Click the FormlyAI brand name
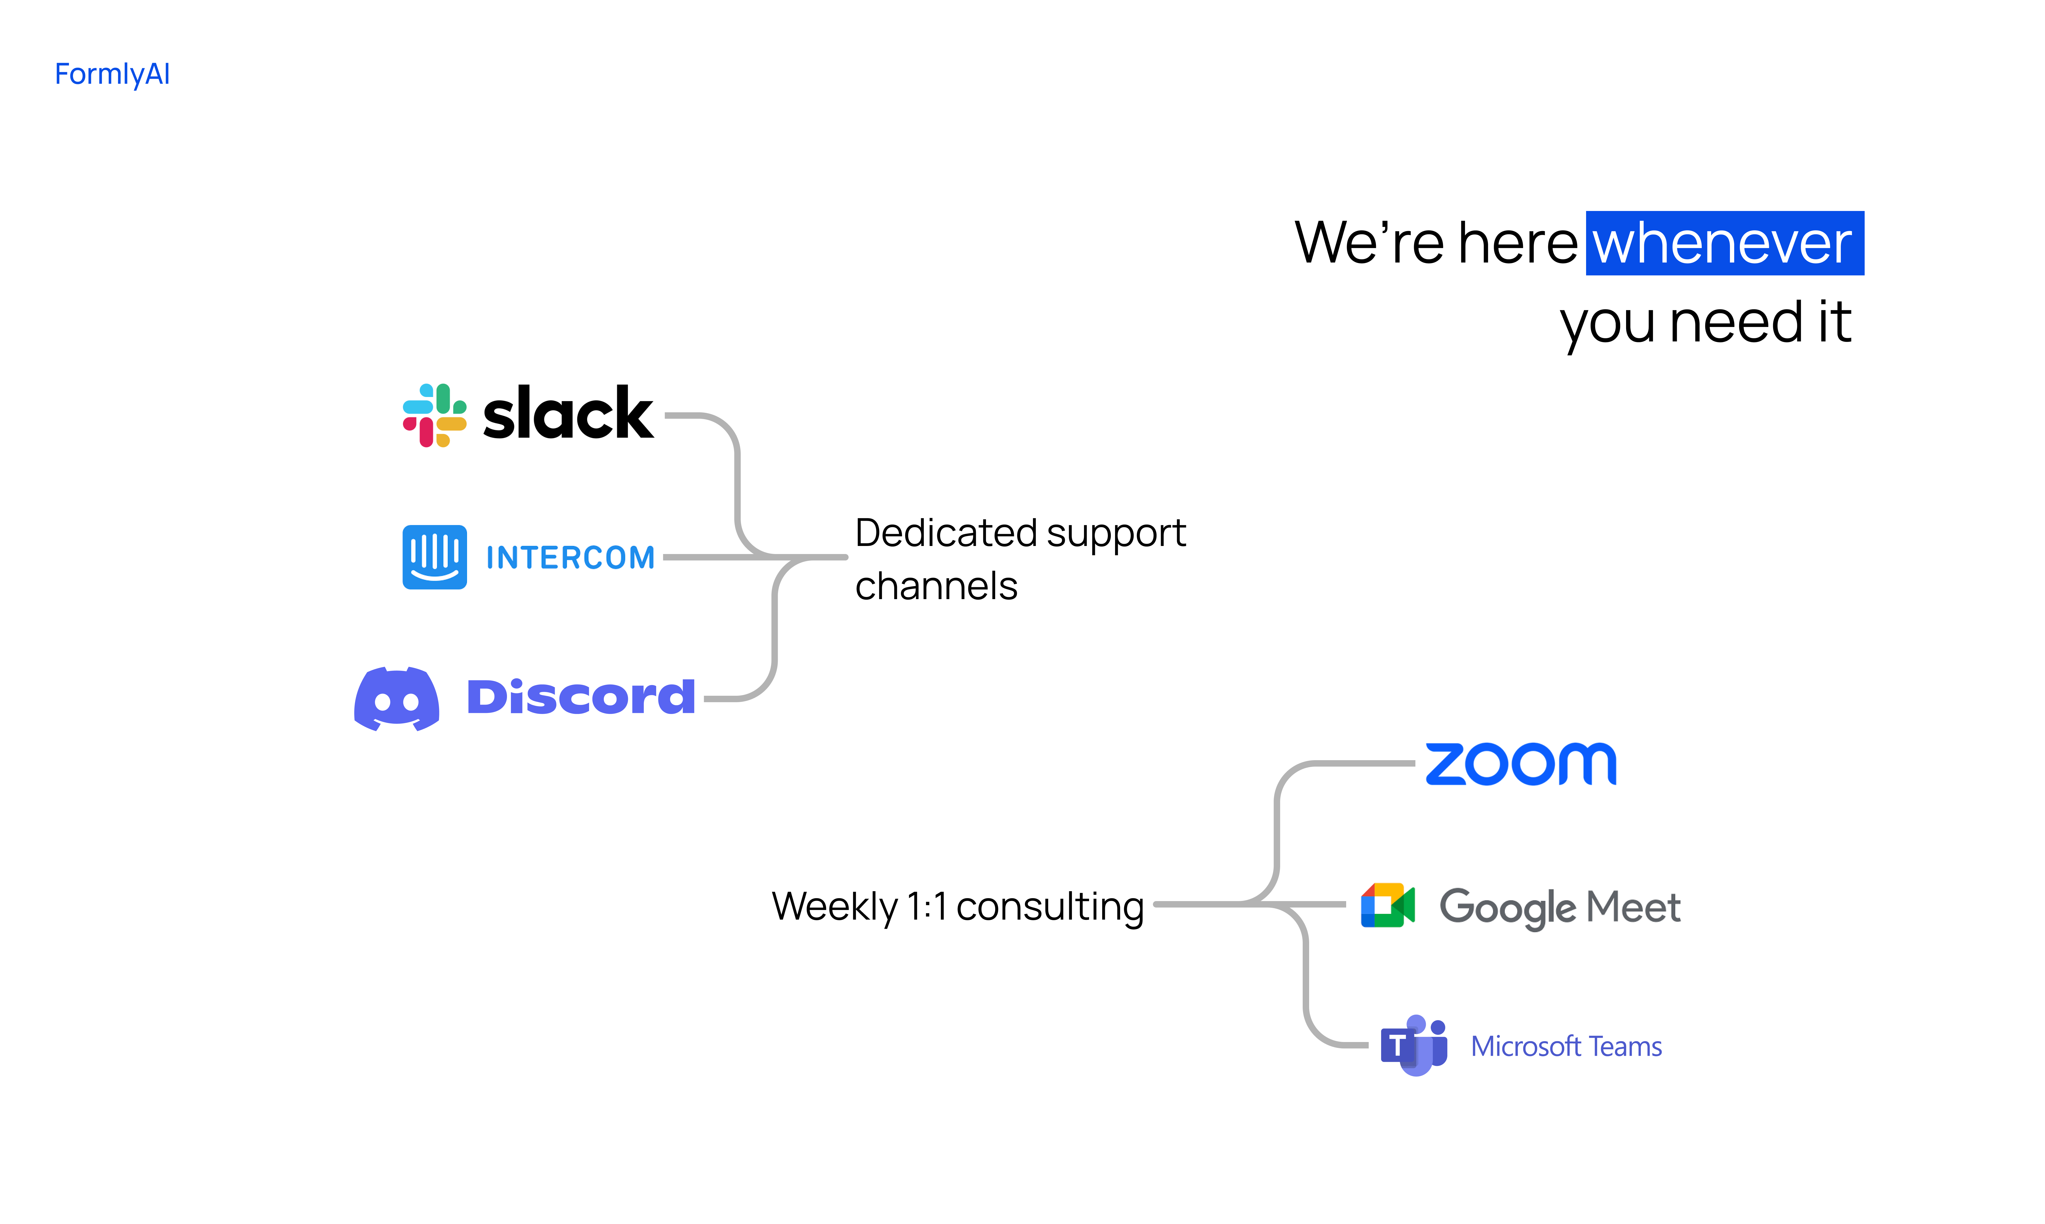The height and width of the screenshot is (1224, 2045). [x=112, y=74]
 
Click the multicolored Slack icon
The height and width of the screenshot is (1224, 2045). [x=434, y=415]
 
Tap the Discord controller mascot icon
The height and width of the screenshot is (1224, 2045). [x=397, y=699]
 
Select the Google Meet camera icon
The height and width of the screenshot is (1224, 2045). [x=1388, y=906]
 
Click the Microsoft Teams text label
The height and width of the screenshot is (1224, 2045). [x=1566, y=1047]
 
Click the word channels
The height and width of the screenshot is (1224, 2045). [x=936, y=586]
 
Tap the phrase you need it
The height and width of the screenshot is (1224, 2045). [x=1705, y=322]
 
